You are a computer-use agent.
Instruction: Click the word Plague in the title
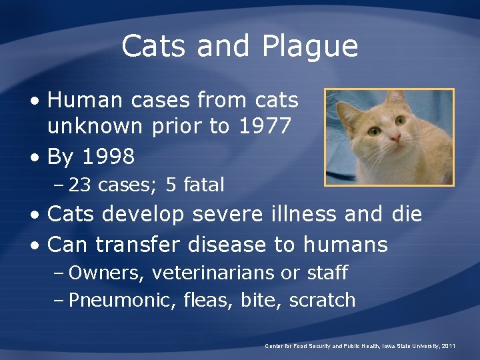[311, 47]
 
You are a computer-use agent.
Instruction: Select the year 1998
[109, 157]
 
